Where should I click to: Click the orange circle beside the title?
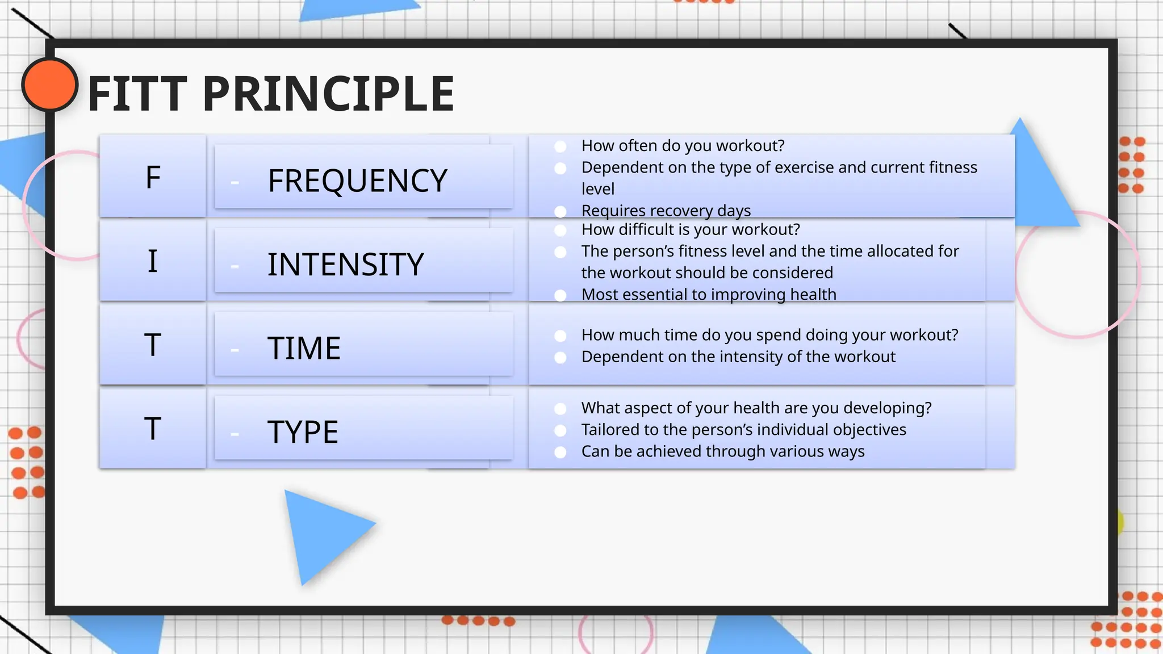[49, 84]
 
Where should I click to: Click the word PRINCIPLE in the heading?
[328, 94]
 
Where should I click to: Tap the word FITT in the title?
[137, 94]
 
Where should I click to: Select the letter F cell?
[153, 177]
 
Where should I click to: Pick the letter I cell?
[153, 261]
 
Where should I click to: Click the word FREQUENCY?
[357, 181]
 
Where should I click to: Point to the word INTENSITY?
[345, 265]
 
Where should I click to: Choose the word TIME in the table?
[304, 348]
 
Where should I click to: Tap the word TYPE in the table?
[303, 432]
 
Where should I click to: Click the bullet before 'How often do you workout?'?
[560, 146]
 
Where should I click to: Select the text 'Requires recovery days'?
[666, 211]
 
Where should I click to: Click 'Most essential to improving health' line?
[708, 294]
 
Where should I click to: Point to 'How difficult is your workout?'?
[690, 229]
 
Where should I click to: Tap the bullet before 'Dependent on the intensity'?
[560, 357]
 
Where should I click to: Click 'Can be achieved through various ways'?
[722, 451]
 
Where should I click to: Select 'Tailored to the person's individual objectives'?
[743, 430]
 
